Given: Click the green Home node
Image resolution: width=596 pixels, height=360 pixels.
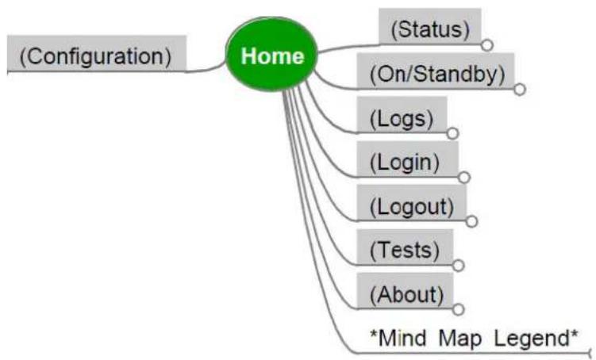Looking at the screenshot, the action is click(x=271, y=54).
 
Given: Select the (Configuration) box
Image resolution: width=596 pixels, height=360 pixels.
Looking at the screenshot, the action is click(x=97, y=53).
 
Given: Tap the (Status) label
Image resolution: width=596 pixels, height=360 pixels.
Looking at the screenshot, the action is click(x=430, y=29).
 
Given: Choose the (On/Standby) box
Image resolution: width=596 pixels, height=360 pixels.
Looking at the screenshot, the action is click(x=436, y=71).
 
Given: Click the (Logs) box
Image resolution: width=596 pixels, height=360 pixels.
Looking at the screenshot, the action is click(x=402, y=115).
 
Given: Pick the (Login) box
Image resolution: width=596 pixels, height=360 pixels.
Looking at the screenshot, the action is click(x=407, y=159).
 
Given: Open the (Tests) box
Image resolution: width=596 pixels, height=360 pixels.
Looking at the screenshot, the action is click(x=405, y=247).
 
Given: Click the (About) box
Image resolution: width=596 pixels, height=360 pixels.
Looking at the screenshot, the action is click(x=405, y=291).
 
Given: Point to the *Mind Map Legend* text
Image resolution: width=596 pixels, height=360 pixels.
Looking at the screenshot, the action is click(x=474, y=338).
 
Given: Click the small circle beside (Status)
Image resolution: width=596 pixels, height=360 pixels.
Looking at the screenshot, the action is click(x=487, y=45).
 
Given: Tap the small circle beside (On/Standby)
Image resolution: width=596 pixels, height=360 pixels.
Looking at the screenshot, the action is click(x=520, y=90).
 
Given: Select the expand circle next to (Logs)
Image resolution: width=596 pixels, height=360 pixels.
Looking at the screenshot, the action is click(x=452, y=133).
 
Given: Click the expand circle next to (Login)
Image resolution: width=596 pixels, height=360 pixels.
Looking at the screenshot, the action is click(x=464, y=178).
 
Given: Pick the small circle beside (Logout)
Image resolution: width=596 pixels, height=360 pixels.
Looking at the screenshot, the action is click(x=471, y=221).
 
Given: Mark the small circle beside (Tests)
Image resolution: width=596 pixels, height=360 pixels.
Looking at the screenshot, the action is click(x=459, y=265).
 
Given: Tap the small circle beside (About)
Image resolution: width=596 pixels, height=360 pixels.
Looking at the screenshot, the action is click(x=459, y=309).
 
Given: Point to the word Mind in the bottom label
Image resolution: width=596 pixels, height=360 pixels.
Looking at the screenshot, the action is click(x=398, y=337).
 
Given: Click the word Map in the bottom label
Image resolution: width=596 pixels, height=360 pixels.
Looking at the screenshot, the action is click(x=460, y=339).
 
